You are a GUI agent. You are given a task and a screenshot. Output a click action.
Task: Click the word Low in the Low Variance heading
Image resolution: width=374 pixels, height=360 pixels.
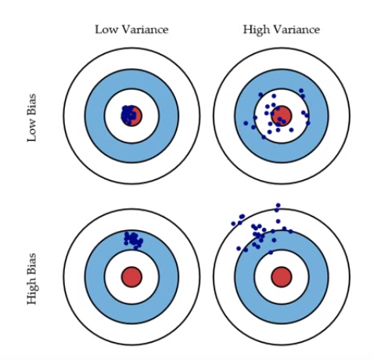pyautogui.click(x=105, y=30)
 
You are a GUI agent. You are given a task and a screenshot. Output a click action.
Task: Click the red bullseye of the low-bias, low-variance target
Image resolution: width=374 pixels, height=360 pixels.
pyautogui.click(x=132, y=116)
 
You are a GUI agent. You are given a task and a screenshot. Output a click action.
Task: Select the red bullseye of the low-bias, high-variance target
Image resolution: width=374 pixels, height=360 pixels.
pyautogui.click(x=282, y=116)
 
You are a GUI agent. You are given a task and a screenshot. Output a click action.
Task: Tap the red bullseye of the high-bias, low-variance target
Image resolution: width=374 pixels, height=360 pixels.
pyautogui.click(x=131, y=276)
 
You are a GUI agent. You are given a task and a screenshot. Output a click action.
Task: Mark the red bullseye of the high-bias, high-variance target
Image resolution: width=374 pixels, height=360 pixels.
pyautogui.click(x=282, y=276)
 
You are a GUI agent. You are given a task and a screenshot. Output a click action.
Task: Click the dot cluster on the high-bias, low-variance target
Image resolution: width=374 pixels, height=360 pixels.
pyautogui.click(x=132, y=238)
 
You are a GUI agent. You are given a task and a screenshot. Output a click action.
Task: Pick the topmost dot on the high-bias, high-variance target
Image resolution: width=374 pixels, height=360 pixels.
pyautogui.click(x=277, y=207)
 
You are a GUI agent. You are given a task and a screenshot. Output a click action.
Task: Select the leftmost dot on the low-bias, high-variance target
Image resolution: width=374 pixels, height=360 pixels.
pyautogui.click(x=246, y=123)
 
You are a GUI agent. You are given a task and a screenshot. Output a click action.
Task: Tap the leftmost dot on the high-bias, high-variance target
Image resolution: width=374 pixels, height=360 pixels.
pyautogui.click(x=233, y=224)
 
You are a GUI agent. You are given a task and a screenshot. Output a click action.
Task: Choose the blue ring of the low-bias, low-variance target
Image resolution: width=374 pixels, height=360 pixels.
pyautogui.click(x=95, y=116)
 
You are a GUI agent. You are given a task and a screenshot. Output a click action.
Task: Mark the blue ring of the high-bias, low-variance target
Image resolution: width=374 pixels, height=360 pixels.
pyautogui.click(x=95, y=276)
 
